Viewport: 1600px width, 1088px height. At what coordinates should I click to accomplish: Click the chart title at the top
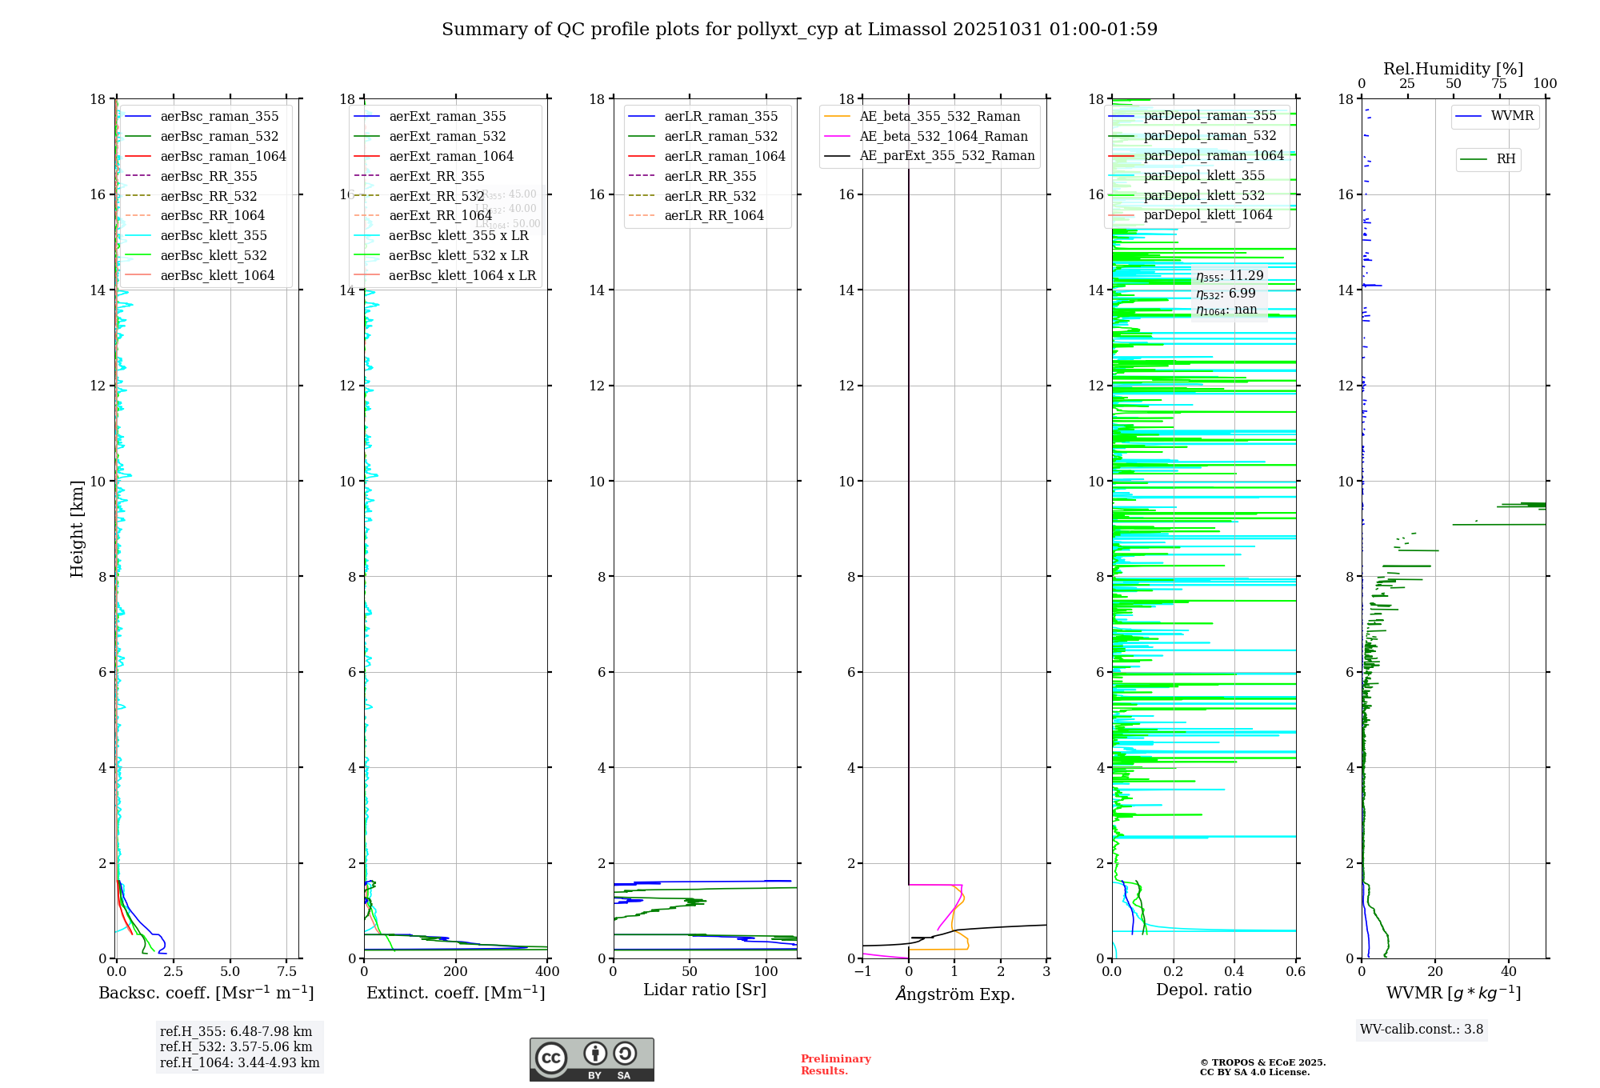coord(799,30)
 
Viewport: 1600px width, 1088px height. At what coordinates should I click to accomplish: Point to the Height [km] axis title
coord(77,528)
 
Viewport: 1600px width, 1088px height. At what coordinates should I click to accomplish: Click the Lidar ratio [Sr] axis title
coord(705,990)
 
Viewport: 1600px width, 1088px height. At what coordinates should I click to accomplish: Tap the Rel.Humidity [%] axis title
coord(1453,69)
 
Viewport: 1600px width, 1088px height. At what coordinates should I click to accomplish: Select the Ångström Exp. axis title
coord(954,994)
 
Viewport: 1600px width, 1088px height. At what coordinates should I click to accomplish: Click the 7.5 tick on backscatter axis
coord(287,971)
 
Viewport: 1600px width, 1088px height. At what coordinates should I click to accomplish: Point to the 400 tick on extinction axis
coord(547,971)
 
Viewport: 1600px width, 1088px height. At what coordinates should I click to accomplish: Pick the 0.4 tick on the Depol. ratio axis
coord(1234,971)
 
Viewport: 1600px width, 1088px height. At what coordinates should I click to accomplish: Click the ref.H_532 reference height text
coord(236,1046)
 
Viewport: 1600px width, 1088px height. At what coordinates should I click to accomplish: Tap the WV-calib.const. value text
coord(1422,1029)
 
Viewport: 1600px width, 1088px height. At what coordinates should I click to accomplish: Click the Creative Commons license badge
coord(591,1059)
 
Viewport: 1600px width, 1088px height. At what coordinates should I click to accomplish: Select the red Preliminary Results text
coord(835,1064)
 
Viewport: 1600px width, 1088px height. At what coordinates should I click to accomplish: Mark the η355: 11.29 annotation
coord(1230,276)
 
